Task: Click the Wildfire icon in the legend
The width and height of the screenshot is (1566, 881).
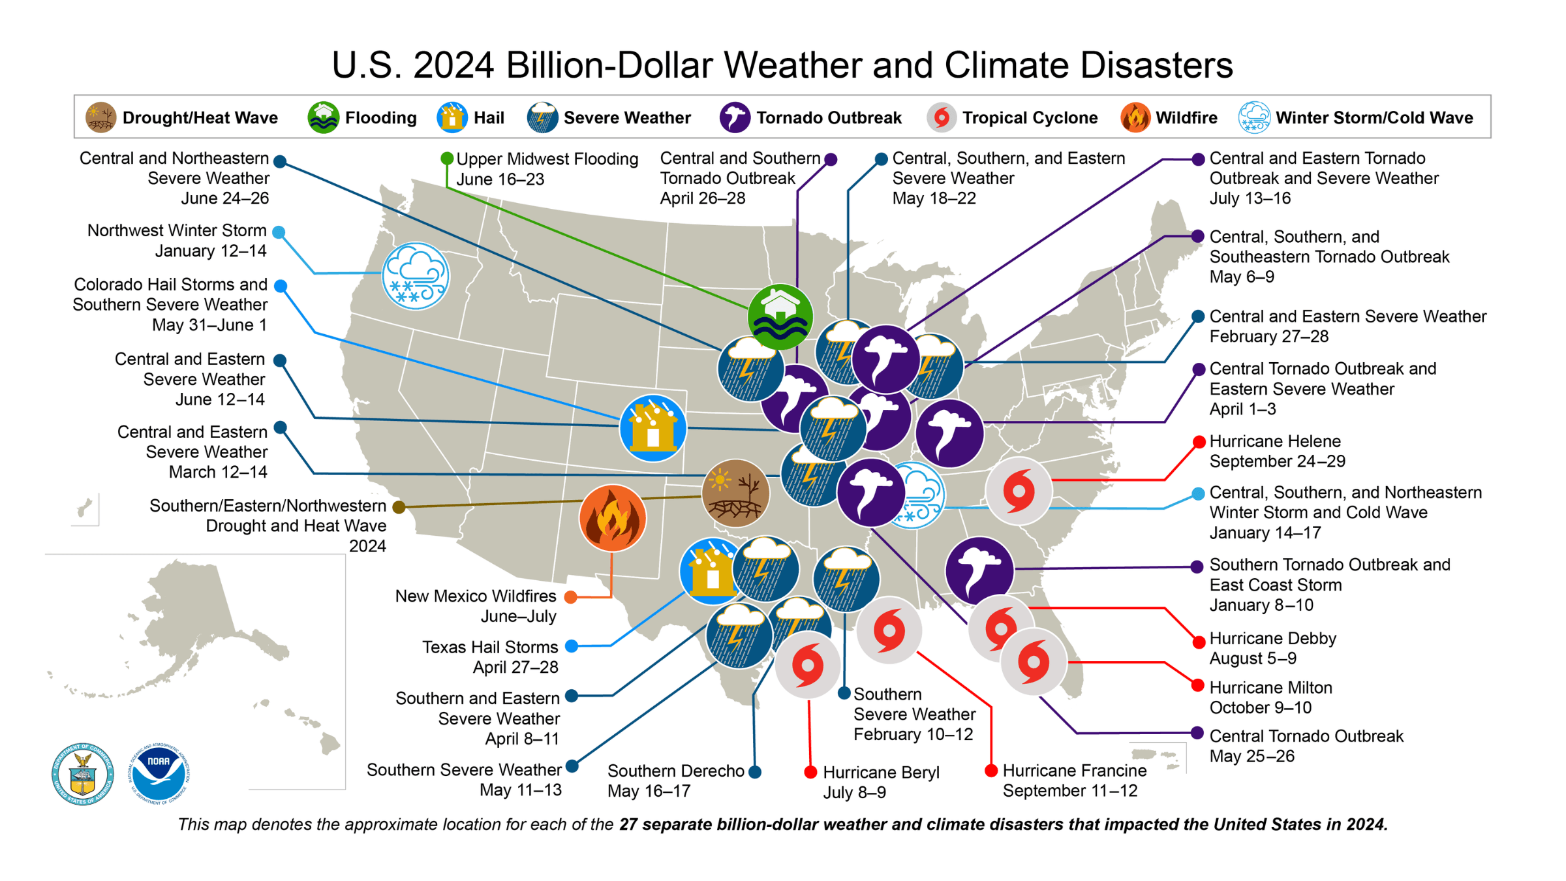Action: click(1135, 117)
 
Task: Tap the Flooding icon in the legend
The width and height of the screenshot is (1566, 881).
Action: click(324, 117)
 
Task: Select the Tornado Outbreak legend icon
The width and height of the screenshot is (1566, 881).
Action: click(735, 117)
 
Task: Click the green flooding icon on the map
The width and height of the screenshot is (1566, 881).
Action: click(780, 317)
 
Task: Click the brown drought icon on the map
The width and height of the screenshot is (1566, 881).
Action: click(735, 493)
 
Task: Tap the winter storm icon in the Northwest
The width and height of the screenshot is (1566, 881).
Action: click(416, 276)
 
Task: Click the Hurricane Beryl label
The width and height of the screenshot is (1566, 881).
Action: click(881, 782)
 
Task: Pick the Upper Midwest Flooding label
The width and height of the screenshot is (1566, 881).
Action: click(547, 169)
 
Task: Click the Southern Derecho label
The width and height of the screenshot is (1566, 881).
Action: click(675, 781)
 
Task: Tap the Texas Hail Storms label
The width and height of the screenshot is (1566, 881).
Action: click(490, 657)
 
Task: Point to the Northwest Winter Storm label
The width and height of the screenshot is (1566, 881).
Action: click(177, 240)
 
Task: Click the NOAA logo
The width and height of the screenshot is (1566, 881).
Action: click(159, 773)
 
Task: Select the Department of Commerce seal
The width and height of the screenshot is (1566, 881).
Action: click(83, 774)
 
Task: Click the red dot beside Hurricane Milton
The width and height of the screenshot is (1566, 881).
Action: click(1197, 686)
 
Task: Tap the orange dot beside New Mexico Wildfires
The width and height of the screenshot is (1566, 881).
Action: click(571, 596)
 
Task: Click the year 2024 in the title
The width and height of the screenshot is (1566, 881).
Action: click(453, 65)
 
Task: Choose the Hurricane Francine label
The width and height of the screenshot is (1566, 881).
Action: click(1074, 781)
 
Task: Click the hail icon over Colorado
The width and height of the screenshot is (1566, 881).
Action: click(652, 428)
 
